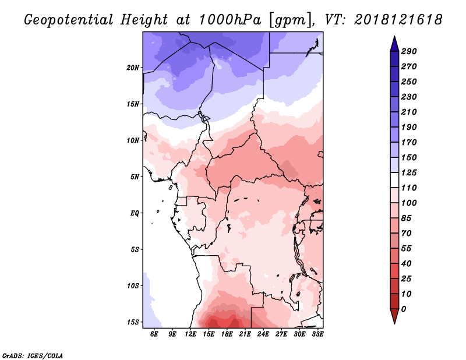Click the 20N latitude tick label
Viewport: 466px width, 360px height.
pyautogui.click(x=133, y=68)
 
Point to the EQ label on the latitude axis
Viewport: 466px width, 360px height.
pyautogui.click(x=135, y=213)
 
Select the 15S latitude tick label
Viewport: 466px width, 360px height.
pyautogui.click(x=133, y=322)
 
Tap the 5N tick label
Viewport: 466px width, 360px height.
pyautogui.click(x=135, y=177)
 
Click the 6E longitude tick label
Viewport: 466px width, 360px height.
pyautogui.click(x=154, y=334)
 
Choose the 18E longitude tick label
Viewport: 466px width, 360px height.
pyautogui.click(x=227, y=334)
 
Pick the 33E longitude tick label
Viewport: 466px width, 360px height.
pyautogui.click(x=317, y=334)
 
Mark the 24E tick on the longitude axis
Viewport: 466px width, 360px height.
pyautogui.click(x=263, y=334)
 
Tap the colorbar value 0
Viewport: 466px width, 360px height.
pyautogui.click(x=404, y=309)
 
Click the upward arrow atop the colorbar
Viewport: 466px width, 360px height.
pyautogui.click(x=394, y=42)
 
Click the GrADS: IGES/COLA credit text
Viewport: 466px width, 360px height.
pyautogui.click(x=32, y=355)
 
